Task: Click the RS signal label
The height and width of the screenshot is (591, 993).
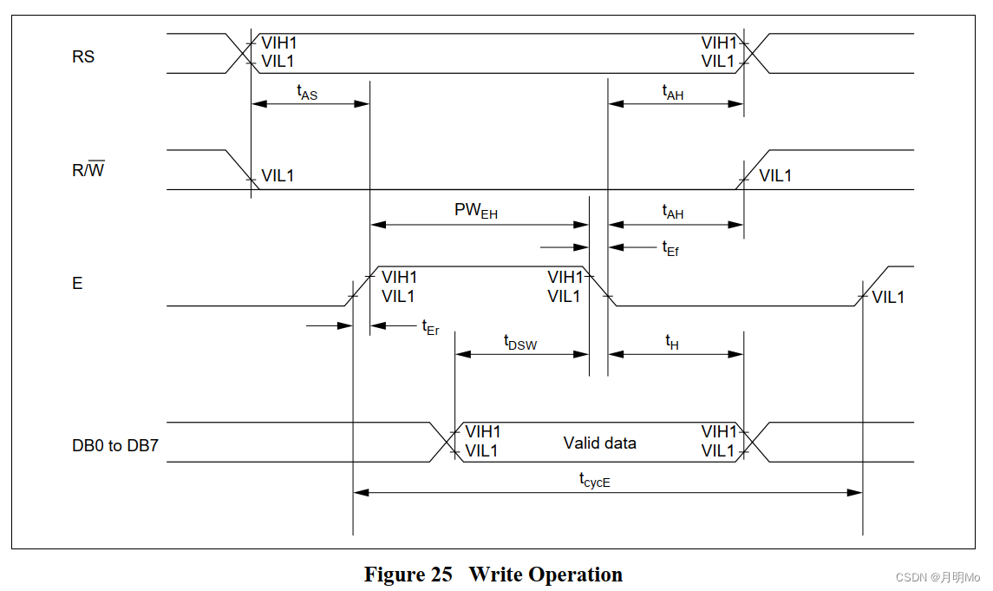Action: tap(83, 57)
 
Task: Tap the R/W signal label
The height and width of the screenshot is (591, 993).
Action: tap(88, 170)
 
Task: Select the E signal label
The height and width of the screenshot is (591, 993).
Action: tap(77, 283)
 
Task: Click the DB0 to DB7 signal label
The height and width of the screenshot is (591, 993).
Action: tap(115, 449)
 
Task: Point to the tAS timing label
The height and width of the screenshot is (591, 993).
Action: tap(307, 92)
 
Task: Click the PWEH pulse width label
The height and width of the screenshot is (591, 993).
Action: tap(476, 211)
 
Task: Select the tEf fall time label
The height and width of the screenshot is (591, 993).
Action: tap(670, 248)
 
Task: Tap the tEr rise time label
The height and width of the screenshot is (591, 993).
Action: tap(430, 327)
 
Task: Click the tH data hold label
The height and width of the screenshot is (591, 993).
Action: tap(672, 342)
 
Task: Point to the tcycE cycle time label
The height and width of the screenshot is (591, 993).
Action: tap(595, 478)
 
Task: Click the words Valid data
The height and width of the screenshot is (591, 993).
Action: tap(599, 443)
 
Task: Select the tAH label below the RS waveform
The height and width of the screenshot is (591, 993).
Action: tap(673, 92)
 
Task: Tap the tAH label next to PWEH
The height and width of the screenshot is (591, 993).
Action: tap(673, 212)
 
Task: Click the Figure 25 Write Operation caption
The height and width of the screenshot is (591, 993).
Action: tap(493, 575)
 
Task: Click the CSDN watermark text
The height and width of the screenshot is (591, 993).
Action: tap(937, 577)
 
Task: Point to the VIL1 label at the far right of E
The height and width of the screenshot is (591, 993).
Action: tap(888, 297)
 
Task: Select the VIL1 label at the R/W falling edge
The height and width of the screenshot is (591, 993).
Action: tap(278, 175)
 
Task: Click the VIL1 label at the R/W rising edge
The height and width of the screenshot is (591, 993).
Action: tap(775, 175)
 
